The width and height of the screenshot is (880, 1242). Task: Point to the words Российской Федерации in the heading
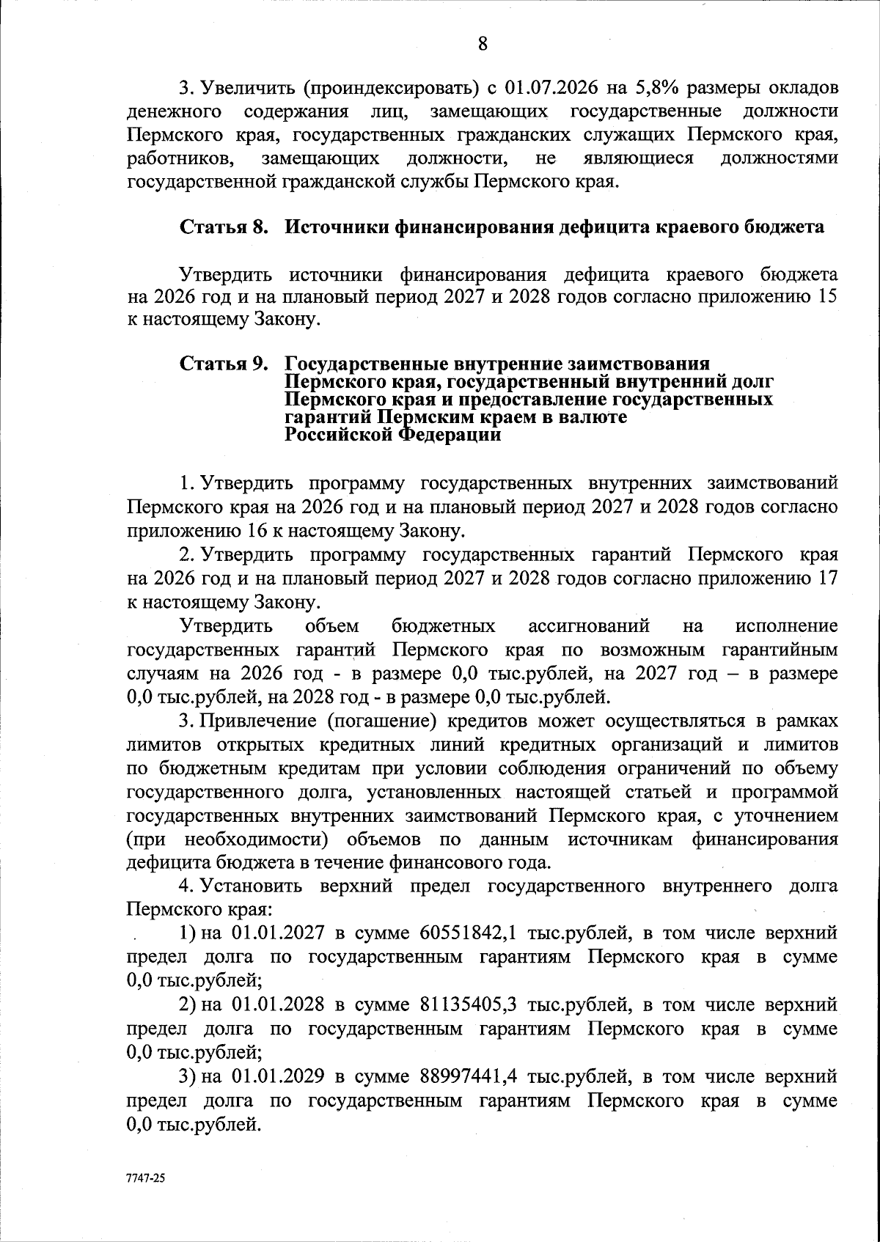point(393,435)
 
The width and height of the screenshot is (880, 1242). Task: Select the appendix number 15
point(826,297)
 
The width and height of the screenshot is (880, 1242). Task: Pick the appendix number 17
point(826,578)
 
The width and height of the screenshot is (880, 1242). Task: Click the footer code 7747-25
point(147,1179)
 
